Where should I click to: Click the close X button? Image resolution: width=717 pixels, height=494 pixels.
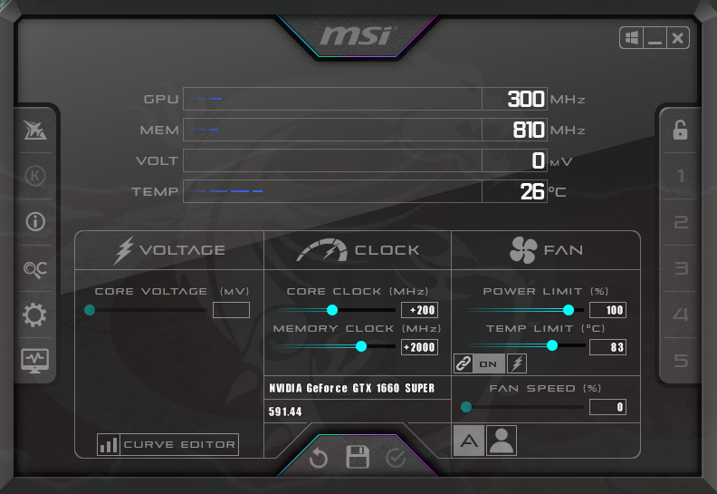(x=678, y=38)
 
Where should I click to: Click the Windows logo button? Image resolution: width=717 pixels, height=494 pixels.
(x=632, y=38)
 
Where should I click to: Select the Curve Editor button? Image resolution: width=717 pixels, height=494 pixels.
(x=167, y=444)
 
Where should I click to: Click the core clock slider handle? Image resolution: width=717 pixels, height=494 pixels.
(x=332, y=310)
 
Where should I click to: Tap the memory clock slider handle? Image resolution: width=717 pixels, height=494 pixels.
(x=361, y=346)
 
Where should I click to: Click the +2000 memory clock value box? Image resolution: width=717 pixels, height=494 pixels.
(x=419, y=347)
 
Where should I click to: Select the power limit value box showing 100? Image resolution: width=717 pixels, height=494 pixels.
(x=607, y=310)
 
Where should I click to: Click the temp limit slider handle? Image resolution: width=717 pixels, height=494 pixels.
(x=552, y=345)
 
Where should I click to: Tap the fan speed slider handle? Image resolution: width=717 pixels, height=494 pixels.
(x=466, y=407)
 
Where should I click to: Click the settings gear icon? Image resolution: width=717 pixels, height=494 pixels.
(x=34, y=315)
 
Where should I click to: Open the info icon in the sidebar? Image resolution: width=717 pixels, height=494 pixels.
(x=35, y=221)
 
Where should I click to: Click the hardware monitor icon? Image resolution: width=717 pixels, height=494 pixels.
(x=35, y=361)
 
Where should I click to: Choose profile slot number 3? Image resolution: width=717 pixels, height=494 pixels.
(x=681, y=268)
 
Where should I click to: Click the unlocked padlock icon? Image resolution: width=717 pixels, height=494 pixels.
(x=680, y=130)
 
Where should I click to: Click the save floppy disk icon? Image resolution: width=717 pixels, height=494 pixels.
(x=358, y=457)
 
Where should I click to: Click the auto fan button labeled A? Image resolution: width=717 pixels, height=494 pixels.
(x=469, y=441)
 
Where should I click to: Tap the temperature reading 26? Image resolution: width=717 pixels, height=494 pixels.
(x=531, y=191)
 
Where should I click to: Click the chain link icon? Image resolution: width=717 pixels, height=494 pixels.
(x=463, y=363)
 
